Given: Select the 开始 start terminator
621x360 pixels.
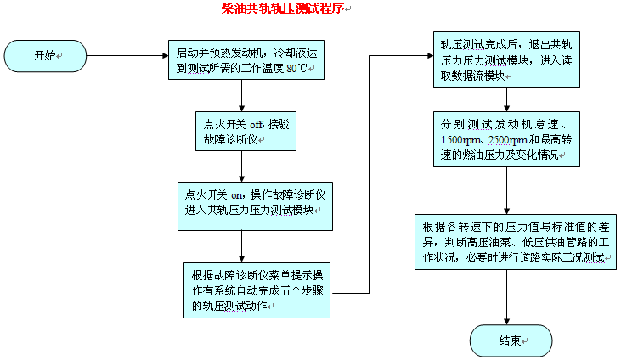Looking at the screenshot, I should point(47,56).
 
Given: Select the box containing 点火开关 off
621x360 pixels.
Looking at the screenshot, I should point(242,130).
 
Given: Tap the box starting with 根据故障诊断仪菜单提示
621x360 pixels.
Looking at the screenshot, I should point(257,290).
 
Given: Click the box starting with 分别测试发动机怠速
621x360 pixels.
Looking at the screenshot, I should point(506,138).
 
